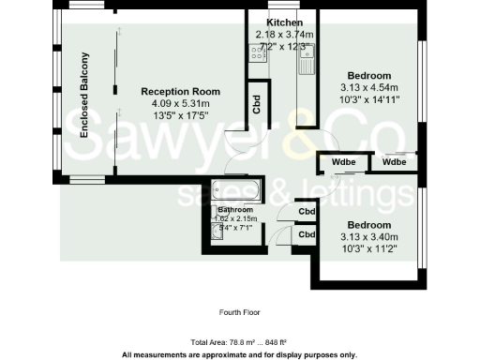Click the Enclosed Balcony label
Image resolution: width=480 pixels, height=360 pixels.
(x=83, y=97)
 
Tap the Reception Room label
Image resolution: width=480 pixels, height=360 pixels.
(x=180, y=91)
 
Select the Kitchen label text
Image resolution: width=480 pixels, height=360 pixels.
(x=284, y=22)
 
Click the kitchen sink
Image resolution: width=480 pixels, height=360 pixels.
(x=305, y=63)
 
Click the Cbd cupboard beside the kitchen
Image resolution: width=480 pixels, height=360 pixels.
(x=257, y=103)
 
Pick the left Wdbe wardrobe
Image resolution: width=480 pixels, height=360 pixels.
(x=343, y=163)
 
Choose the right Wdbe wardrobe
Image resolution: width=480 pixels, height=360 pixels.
(x=395, y=163)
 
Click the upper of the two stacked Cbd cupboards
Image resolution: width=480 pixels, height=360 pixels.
(x=307, y=212)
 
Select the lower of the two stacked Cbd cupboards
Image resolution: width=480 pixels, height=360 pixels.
(x=307, y=234)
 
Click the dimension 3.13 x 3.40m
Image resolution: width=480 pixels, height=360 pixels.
(x=369, y=237)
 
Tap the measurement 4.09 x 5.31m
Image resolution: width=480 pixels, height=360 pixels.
(x=180, y=103)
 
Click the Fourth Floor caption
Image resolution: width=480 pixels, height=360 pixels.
(x=239, y=311)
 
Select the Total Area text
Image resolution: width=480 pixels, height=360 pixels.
(x=239, y=343)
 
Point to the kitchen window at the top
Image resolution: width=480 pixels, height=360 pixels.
(x=281, y=10)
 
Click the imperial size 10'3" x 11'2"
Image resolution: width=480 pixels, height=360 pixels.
(x=369, y=248)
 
